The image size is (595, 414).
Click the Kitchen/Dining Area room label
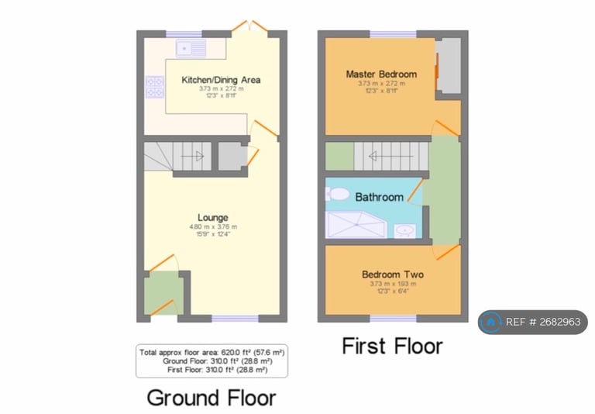(x=220, y=79)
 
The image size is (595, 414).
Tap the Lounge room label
(x=212, y=217)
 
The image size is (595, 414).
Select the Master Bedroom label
(x=380, y=74)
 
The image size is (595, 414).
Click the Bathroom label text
(x=379, y=197)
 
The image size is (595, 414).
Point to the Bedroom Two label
(x=392, y=274)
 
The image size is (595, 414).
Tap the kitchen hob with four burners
(x=154, y=87)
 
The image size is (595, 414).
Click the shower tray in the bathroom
(x=357, y=225)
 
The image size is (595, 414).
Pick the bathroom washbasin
(x=404, y=229)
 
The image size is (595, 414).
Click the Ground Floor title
(x=211, y=398)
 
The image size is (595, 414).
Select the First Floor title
(x=392, y=346)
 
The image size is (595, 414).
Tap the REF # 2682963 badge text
(x=542, y=322)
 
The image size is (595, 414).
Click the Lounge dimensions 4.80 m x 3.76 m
(x=212, y=226)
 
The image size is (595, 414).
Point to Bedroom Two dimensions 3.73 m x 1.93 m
(x=392, y=284)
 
